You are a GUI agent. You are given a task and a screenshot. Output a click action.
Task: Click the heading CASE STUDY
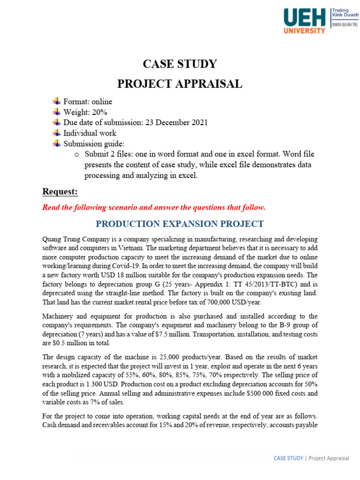pos(180,64)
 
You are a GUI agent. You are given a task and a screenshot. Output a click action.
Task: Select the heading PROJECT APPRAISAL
pos(180,84)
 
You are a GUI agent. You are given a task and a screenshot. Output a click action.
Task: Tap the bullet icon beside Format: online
pos(57,101)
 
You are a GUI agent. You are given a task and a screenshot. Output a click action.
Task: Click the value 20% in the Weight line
pos(100,112)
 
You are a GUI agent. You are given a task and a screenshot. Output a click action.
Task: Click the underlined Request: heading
pos(60,191)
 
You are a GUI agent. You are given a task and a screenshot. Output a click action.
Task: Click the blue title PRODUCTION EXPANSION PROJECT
pos(180,224)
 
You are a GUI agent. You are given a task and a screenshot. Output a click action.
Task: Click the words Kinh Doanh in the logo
pos(345,15)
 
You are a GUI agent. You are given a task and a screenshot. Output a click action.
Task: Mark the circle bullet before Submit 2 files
pos(77,154)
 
